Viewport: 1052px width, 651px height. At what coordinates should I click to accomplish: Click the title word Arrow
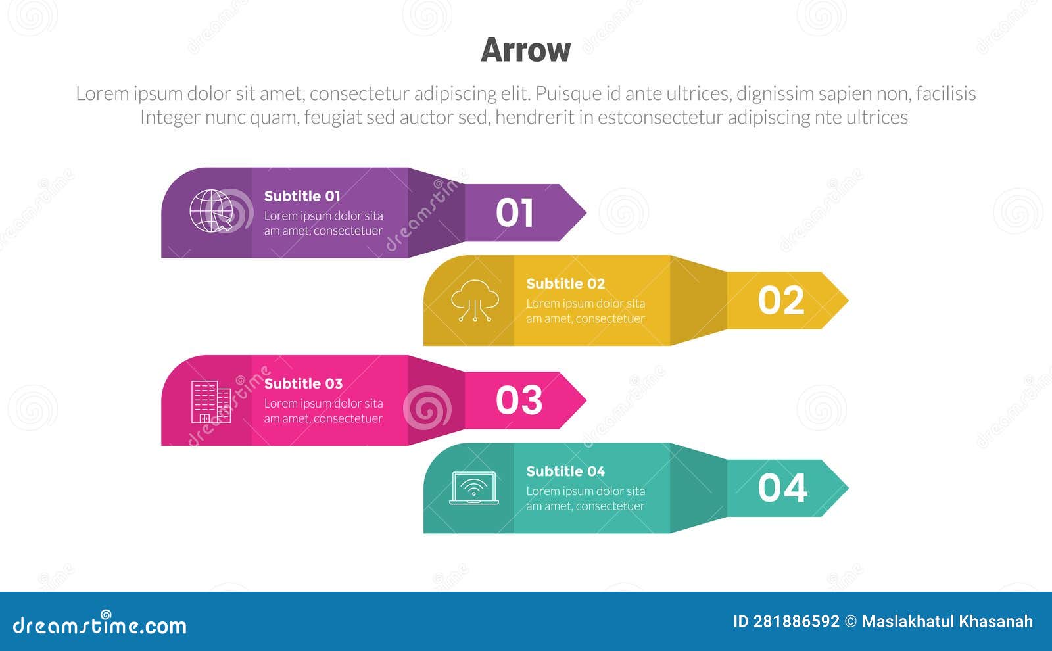point(525,50)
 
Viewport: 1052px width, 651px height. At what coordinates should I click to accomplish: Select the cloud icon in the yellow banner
point(475,300)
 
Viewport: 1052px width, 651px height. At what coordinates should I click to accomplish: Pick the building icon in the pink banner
point(210,402)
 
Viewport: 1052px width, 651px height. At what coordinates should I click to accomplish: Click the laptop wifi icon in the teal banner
point(473,488)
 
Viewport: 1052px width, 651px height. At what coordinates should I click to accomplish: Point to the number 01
point(514,213)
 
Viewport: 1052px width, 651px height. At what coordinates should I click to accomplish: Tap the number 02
point(780,301)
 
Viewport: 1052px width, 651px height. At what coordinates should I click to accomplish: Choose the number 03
point(519,400)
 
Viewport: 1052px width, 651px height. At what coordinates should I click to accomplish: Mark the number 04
point(782,488)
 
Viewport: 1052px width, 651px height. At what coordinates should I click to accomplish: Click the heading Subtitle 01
point(302,196)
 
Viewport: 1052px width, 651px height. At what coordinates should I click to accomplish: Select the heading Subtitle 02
point(565,283)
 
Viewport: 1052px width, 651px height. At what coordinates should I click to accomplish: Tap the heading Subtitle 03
point(303,383)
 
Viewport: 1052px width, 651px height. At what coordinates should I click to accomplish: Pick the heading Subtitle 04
point(565,471)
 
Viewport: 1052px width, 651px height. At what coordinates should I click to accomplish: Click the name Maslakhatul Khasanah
point(947,621)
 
